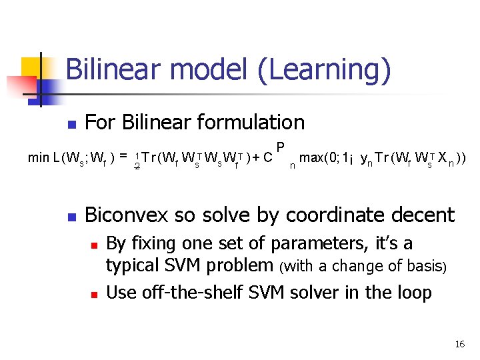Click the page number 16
[459, 344]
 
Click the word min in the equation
[38, 158]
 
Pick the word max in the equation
[313, 158]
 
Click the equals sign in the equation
[123, 157]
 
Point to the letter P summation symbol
[281, 147]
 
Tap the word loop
[414, 292]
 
